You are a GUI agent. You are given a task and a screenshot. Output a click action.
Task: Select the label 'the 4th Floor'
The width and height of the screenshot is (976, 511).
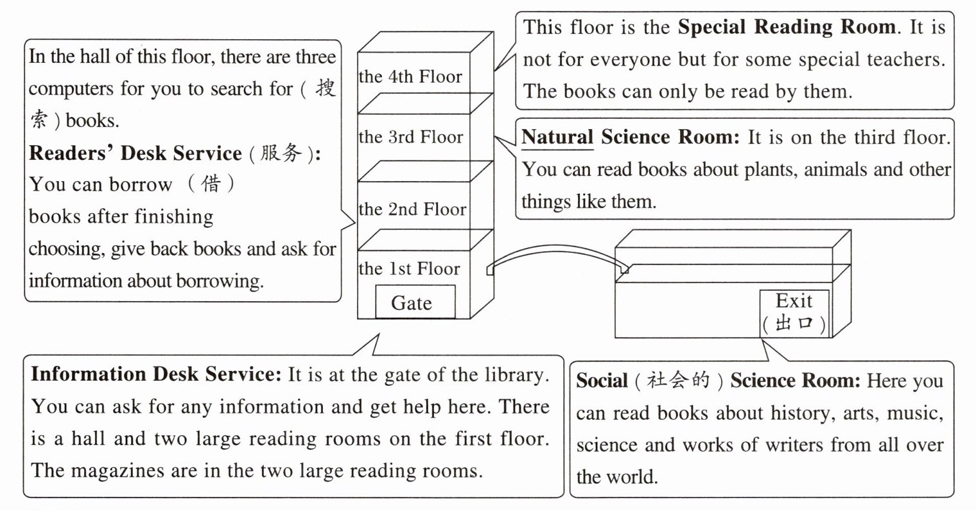tap(410, 77)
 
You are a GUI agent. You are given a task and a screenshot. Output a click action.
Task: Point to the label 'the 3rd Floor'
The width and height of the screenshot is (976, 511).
tap(410, 137)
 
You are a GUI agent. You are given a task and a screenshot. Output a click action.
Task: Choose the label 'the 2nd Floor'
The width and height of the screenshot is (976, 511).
tap(412, 209)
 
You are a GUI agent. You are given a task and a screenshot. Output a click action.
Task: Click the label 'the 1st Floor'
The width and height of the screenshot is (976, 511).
tap(410, 268)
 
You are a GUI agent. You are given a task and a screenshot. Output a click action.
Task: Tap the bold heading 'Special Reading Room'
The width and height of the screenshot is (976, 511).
tap(787, 27)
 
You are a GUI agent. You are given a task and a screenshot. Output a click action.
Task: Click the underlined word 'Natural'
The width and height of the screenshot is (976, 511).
tap(557, 137)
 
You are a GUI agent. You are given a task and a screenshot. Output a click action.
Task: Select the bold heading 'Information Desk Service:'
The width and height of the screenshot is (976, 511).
tap(156, 374)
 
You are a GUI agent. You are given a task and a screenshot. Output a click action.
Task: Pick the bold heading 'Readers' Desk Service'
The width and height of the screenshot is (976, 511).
tap(135, 153)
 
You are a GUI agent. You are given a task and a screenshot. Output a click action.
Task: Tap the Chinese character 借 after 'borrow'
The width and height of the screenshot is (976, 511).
tap(211, 184)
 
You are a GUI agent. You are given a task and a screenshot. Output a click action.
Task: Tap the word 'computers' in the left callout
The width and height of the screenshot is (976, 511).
tap(71, 89)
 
